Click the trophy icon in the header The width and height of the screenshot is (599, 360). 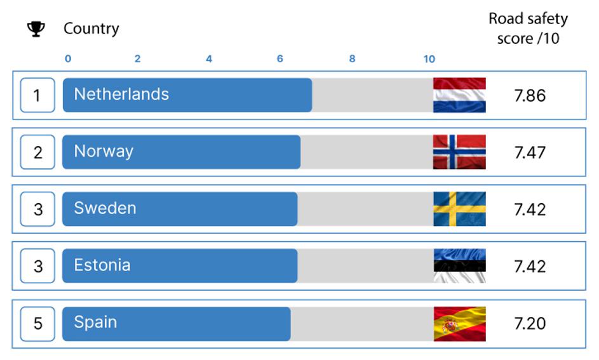coord(36,29)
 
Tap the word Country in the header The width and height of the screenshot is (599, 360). coord(91,29)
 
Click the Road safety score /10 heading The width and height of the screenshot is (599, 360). coord(528,28)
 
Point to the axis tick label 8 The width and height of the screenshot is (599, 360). coord(352,58)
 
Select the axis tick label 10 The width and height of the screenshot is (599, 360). coord(429,59)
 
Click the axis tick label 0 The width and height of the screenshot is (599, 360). coord(68,58)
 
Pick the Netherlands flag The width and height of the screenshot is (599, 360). coord(459,95)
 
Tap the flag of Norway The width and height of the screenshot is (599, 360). coord(459,152)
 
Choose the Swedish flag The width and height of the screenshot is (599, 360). coord(459,209)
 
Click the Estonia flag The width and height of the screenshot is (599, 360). coord(459,265)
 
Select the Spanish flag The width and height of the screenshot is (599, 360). coord(459,324)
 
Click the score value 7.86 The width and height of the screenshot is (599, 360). coord(530,95)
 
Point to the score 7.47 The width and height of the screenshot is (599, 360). coord(530,152)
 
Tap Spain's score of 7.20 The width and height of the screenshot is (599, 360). coord(530,323)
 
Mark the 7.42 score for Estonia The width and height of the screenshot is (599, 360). coord(530,266)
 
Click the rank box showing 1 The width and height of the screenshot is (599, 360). coord(37,95)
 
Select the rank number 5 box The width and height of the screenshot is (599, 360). coord(37,324)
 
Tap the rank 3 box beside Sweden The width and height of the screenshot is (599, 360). coord(37,209)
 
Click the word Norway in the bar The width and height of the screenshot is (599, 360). coord(104,152)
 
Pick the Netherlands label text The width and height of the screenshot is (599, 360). coord(121,95)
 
